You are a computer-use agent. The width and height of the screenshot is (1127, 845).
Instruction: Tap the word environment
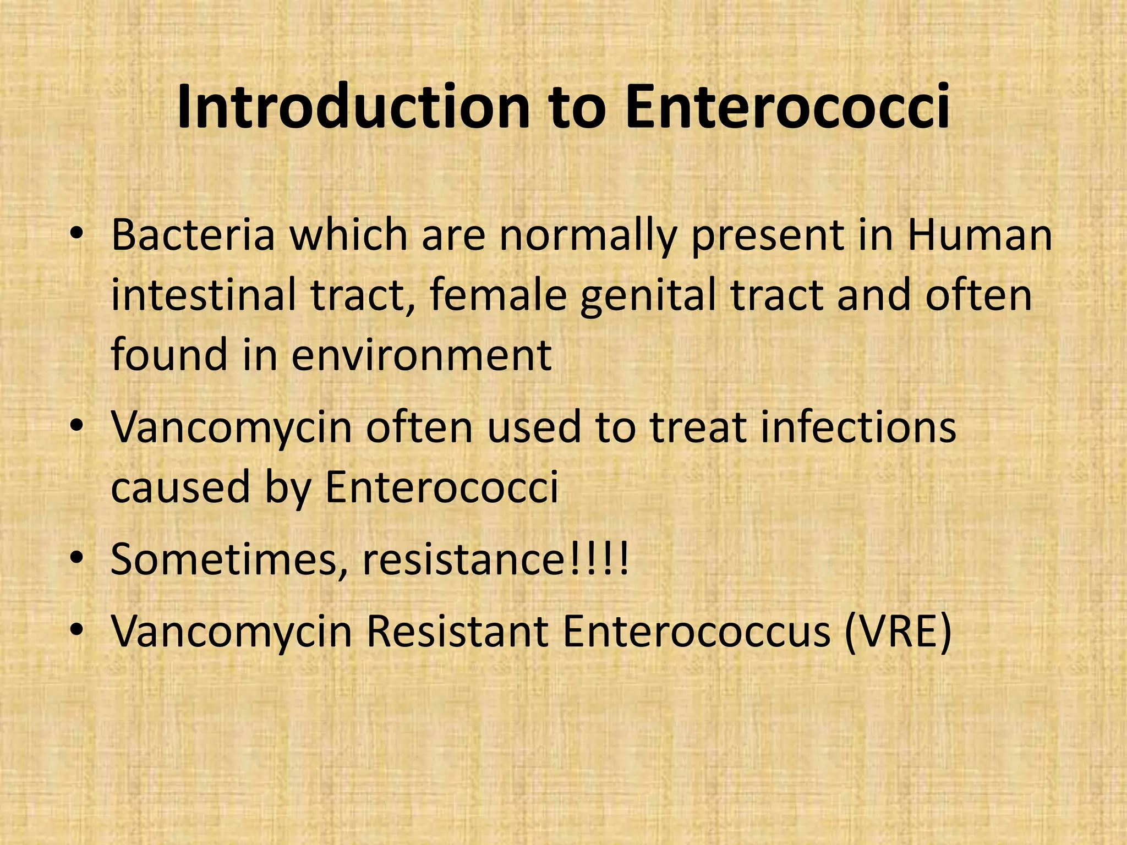pos(421,355)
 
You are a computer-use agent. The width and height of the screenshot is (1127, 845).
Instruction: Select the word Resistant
pos(457,631)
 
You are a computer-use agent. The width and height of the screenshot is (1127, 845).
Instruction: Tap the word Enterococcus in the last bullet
pos(697,631)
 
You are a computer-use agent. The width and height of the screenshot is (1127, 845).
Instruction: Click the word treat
pos(697,426)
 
